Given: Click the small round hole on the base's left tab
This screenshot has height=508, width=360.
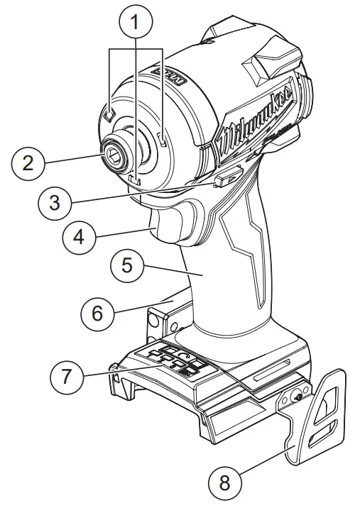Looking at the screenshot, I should pos(152,321).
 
